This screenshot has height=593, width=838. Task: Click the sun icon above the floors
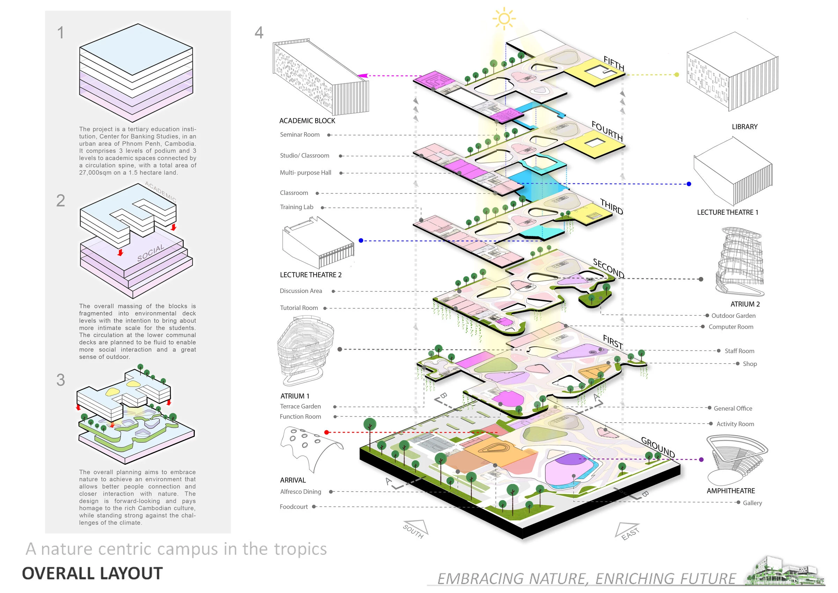(504, 18)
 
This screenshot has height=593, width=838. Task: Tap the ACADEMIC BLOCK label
(307, 121)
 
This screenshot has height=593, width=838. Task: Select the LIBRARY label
(744, 127)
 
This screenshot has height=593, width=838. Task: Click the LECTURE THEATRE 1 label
(727, 213)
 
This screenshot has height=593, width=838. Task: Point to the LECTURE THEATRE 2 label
(311, 275)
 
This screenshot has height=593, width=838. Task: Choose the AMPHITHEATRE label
(730, 491)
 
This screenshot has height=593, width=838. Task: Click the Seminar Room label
(300, 135)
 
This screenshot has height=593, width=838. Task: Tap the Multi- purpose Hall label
(306, 173)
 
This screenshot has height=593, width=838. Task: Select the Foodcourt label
(293, 507)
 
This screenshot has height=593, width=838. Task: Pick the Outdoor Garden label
(733, 316)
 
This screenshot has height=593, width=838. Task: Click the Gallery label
(752, 503)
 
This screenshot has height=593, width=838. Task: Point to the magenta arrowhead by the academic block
(362, 75)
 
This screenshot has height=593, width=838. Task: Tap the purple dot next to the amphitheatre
(701, 459)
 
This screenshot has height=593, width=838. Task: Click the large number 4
(259, 33)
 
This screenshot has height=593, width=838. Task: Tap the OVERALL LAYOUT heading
(92, 574)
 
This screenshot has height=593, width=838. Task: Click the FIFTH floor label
(613, 64)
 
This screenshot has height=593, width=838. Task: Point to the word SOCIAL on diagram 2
(150, 253)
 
